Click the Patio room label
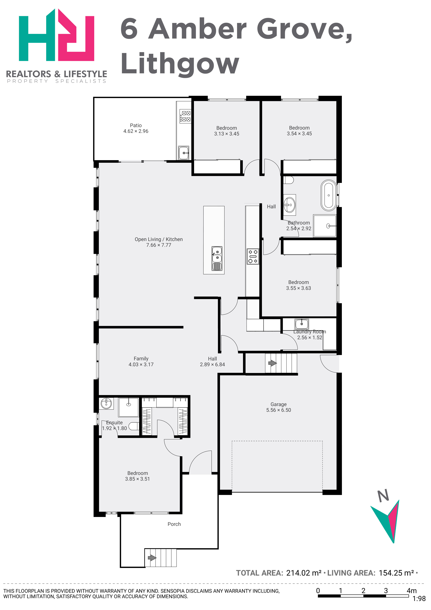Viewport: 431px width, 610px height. (x=136, y=125)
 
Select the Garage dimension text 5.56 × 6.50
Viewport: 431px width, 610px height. (x=279, y=410)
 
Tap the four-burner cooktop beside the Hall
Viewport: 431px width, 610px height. (x=253, y=256)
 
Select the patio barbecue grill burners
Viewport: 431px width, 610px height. (x=185, y=116)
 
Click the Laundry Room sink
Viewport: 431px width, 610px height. (x=301, y=324)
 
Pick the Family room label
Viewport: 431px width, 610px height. (x=141, y=359)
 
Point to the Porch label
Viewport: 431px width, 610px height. (x=174, y=524)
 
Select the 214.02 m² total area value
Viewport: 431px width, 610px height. (x=304, y=573)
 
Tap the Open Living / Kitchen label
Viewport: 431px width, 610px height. (x=158, y=239)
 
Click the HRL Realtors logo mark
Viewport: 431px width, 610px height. (x=56, y=35)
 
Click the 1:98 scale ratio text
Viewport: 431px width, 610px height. (x=419, y=599)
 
